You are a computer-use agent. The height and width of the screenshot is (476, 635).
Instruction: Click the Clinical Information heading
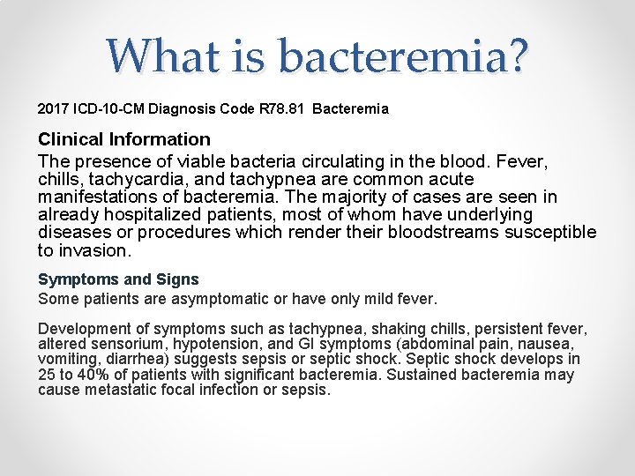[x=124, y=139]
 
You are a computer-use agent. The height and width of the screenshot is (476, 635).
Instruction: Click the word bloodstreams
[x=446, y=233]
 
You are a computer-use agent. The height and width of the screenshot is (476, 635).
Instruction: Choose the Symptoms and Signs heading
[x=118, y=279]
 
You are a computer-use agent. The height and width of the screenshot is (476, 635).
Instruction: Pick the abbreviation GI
[x=307, y=344]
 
